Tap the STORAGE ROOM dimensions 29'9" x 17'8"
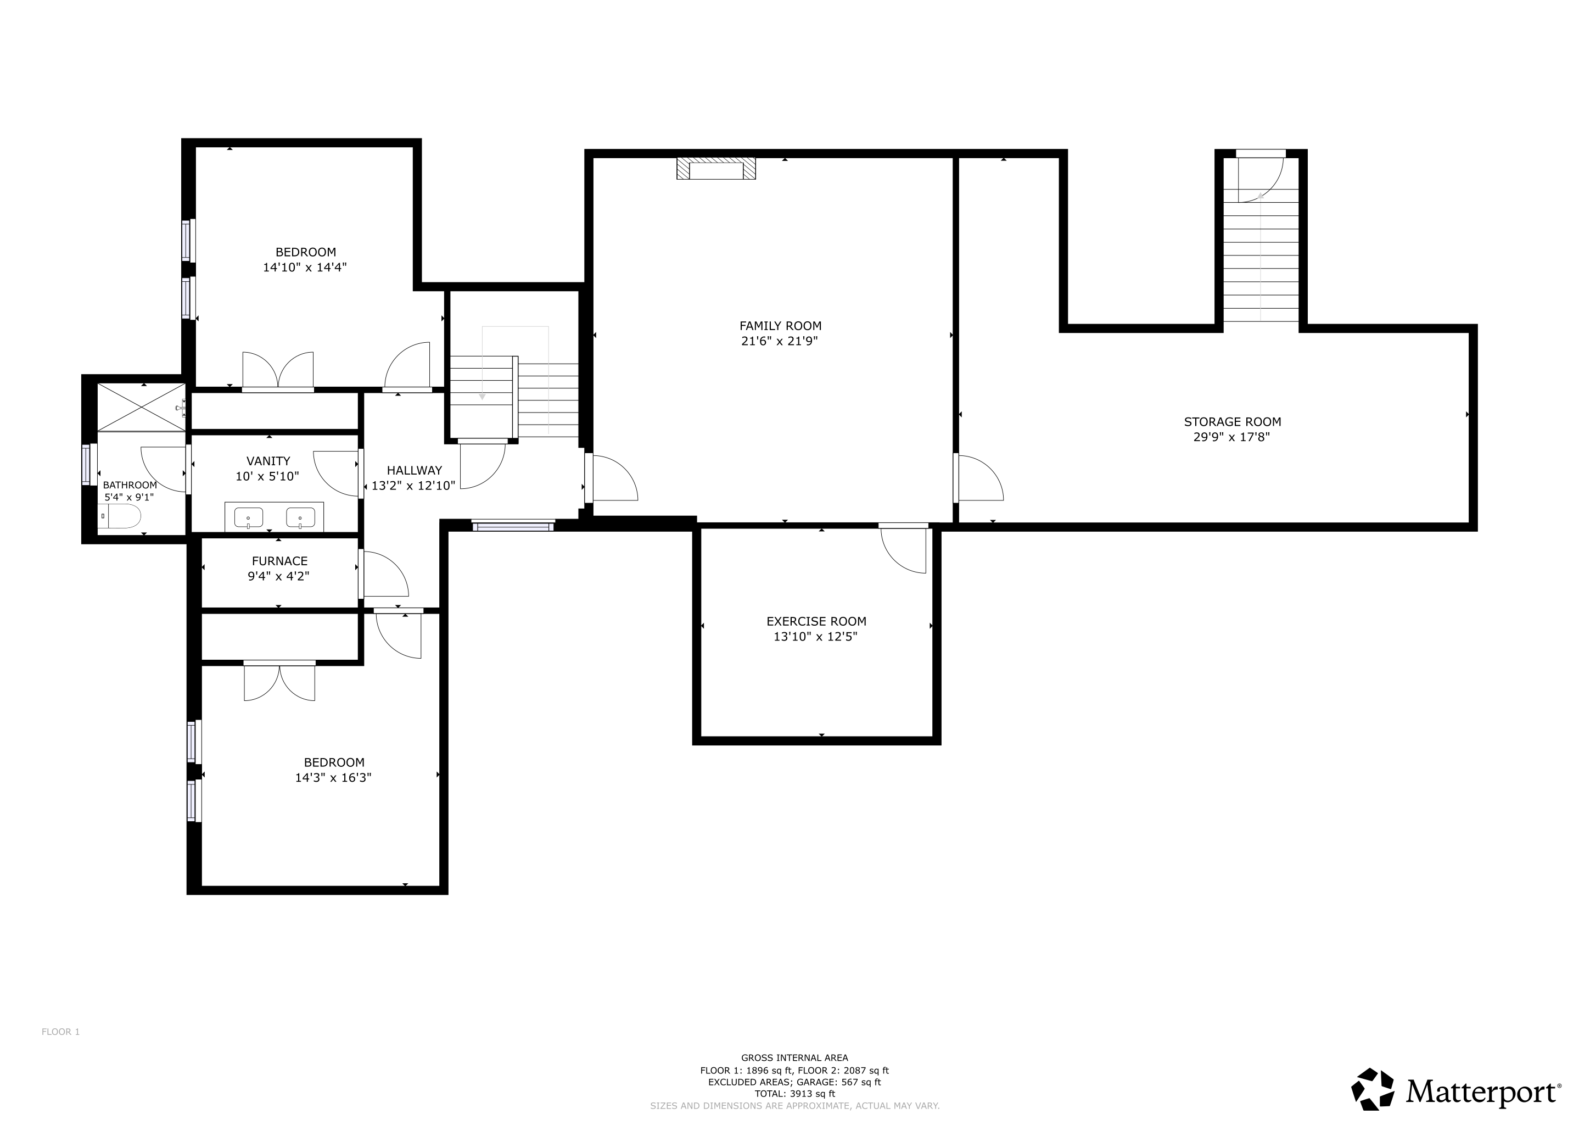click(1231, 437)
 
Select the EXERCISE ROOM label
click(816, 621)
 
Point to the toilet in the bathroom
click(122, 516)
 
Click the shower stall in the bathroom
click(141, 406)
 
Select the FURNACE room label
click(279, 561)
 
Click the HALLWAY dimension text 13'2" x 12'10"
click(413, 486)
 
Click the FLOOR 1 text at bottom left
click(60, 1032)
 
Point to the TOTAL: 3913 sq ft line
click(794, 1094)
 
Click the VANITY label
click(268, 461)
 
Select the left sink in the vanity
click(248, 517)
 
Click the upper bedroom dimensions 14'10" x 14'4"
click(305, 268)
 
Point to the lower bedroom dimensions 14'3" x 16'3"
click(333, 777)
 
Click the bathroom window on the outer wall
click(87, 464)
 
